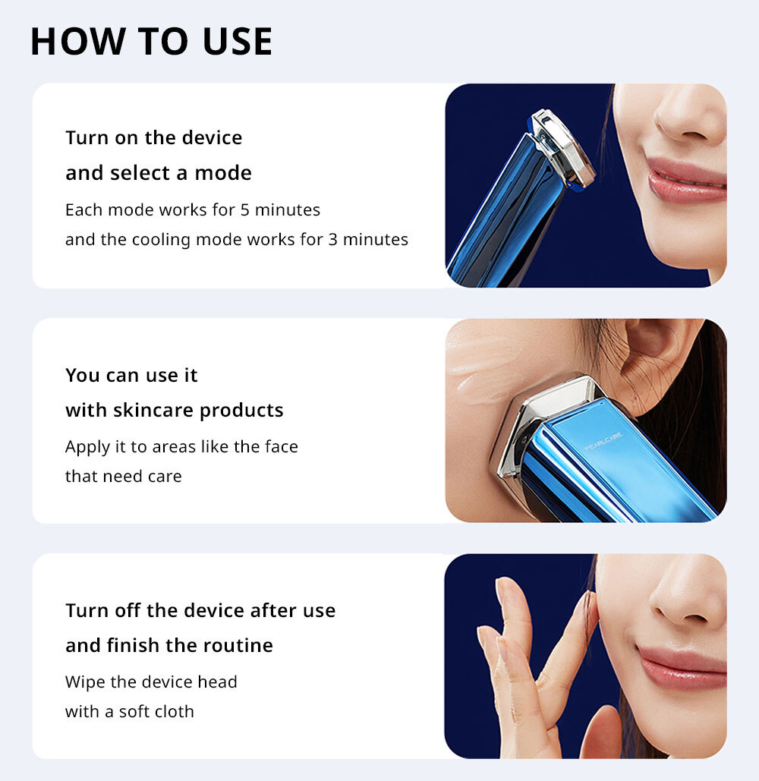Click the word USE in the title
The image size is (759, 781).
tap(238, 41)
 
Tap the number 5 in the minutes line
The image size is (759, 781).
tap(244, 209)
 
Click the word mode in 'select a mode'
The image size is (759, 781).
tap(223, 173)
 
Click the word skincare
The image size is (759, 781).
tap(153, 410)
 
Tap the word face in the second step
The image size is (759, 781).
tap(282, 446)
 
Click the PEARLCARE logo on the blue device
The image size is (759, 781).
tap(603, 442)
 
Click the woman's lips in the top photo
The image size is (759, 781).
tap(686, 181)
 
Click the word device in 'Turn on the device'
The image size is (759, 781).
tap(212, 137)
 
